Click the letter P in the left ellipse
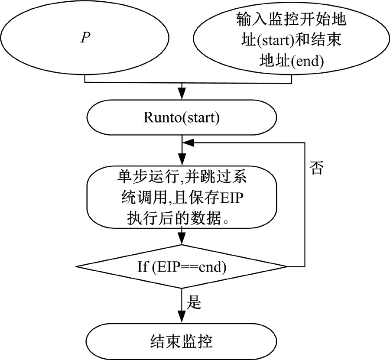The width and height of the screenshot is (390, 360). tap(85, 38)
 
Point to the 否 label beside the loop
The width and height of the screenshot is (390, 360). tap(316, 168)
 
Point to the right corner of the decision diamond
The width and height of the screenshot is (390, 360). tap(286, 266)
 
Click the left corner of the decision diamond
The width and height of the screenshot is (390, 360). tap(76, 266)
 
